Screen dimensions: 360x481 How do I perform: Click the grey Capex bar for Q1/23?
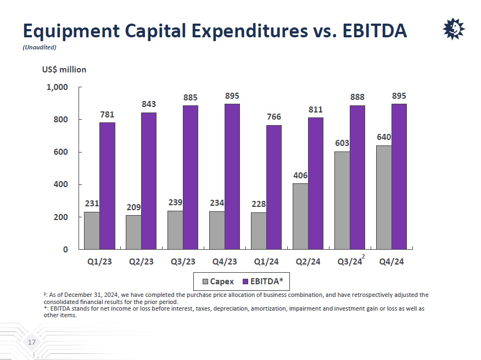(92, 230)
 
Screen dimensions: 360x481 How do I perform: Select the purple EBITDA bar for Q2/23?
(149, 181)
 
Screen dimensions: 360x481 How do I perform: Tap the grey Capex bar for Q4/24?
(384, 197)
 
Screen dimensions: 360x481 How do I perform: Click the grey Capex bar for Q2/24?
(300, 216)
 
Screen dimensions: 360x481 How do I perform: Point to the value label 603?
(342, 143)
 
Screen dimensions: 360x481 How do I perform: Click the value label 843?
(149, 104)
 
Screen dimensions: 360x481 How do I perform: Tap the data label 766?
(274, 117)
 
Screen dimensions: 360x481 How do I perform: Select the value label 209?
(133, 207)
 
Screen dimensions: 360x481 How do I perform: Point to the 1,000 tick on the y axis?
(57, 87)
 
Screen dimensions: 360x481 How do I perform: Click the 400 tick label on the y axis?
(60, 185)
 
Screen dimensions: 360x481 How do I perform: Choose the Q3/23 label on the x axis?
(183, 262)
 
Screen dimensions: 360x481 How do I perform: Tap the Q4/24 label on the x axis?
(391, 262)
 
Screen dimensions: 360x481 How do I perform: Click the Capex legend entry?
(218, 282)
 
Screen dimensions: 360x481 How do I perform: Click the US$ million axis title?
(64, 70)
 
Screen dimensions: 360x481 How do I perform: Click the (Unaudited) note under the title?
(40, 47)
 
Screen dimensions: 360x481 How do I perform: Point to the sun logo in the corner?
(454, 29)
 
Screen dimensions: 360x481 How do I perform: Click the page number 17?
(31, 343)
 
